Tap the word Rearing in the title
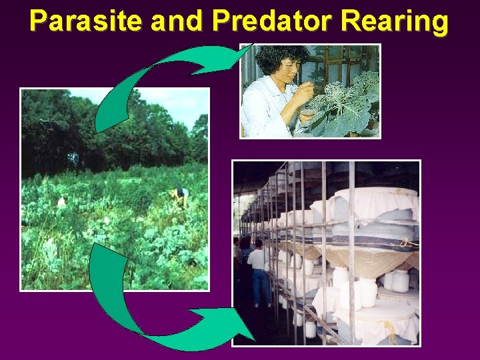(395, 21)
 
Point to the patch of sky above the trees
(167, 100)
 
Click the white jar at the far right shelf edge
(401, 280)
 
